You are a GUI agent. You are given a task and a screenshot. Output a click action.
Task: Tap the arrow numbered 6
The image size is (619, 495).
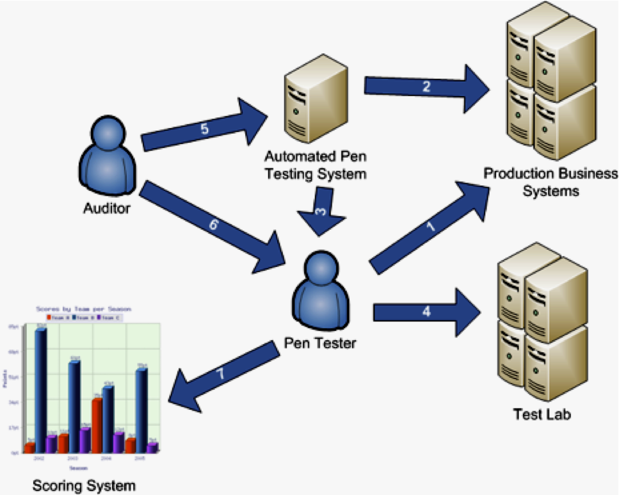(211, 222)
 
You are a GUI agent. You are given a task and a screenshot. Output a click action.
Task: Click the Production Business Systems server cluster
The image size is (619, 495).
(550, 86)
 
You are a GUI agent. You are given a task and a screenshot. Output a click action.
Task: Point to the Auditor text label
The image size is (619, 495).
(107, 208)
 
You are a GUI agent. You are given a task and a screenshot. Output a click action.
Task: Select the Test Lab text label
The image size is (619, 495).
(542, 414)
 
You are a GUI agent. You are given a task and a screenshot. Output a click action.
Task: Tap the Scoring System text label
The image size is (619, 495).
(84, 485)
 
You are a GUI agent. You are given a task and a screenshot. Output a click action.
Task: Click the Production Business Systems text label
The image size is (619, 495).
(551, 183)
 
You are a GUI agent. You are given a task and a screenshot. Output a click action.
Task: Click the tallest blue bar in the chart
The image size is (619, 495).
(40, 391)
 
